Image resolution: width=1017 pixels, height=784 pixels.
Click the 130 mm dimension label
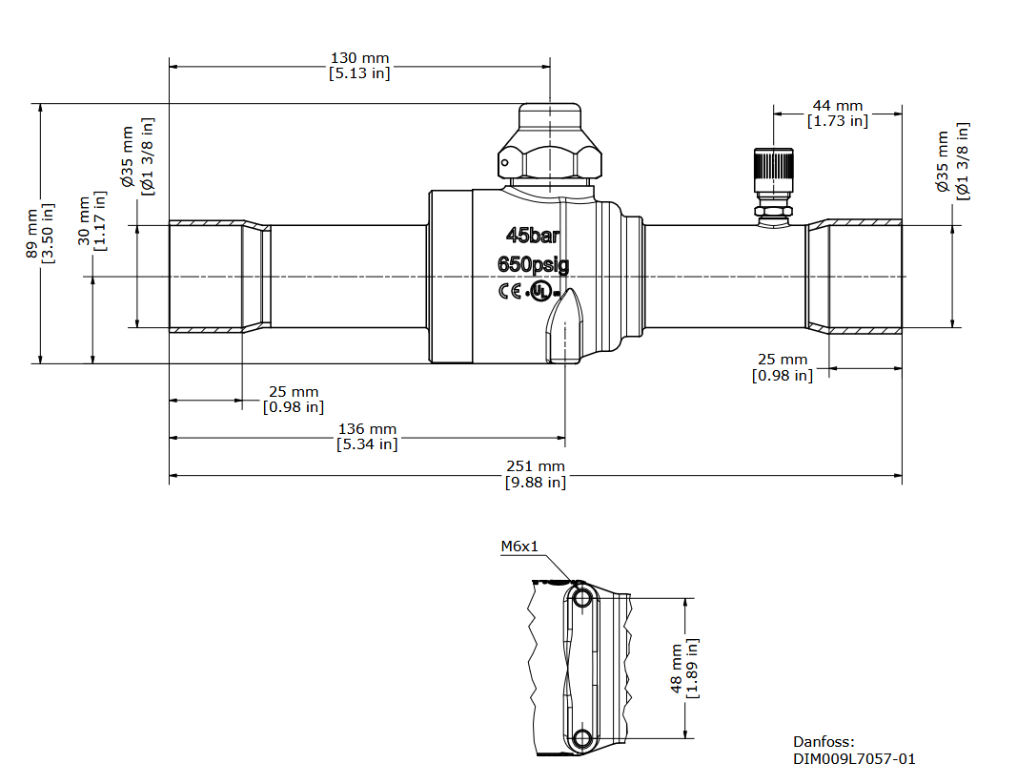tap(360, 58)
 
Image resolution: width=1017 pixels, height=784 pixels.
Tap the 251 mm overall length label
tap(536, 466)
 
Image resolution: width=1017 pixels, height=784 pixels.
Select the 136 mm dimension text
tap(367, 429)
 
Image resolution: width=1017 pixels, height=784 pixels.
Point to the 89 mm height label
tap(31, 234)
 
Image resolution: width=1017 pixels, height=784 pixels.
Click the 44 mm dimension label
tap(838, 106)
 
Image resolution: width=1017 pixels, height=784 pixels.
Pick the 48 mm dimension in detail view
tap(677, 669)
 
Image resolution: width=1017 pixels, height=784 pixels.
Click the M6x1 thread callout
tap(519, 547)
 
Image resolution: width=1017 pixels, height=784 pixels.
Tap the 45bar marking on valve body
tap(533, 235)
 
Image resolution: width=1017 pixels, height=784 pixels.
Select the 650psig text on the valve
tap(533, 264)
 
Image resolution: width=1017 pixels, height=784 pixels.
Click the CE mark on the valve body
tap(510, 292)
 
